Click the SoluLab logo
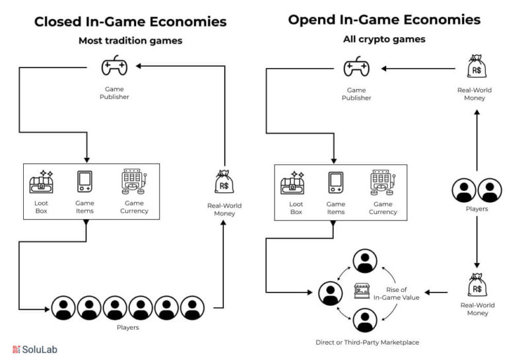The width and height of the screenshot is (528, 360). point(35,349)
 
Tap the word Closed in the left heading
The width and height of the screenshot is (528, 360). point(57,22)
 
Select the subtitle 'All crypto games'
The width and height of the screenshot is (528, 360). point(384,39)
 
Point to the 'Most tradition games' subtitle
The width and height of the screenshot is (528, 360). point(130,40)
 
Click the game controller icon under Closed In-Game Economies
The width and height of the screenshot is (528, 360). point(114,65)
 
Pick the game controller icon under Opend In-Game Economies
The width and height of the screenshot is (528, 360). point(356,67)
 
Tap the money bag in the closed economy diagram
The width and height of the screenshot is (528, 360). point(224,182)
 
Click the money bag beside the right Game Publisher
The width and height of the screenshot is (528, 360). point(477,67)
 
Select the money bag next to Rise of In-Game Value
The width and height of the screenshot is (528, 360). point(477,285)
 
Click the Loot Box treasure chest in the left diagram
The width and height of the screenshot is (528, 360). point(41,182)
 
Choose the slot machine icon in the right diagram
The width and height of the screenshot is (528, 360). point(383,183)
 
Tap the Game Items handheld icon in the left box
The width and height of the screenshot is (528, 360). point(84,182)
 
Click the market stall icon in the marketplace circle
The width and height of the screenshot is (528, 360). point(362,291)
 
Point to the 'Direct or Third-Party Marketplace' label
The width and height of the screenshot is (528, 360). point(368,342)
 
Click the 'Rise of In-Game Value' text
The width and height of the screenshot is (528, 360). point(397,293)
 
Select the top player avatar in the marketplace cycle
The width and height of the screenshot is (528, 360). point(365,261)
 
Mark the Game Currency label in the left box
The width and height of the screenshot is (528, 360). point(134,207)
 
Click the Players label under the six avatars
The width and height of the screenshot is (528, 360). point(127,328)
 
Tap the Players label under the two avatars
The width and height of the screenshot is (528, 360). point(477,209)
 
